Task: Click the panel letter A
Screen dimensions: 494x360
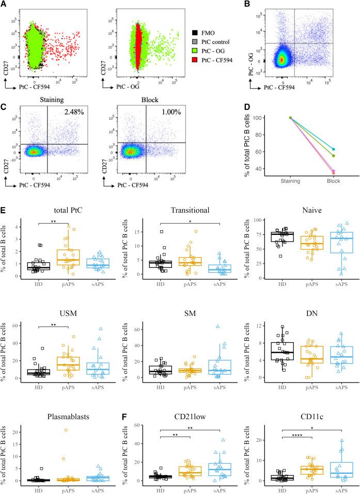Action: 4,5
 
